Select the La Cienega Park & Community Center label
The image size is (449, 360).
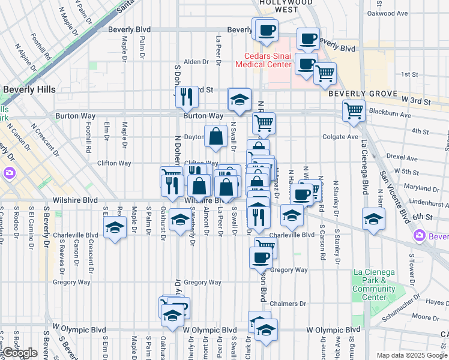pos(374,284)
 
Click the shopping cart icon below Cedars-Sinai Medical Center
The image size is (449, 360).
pos(325,73)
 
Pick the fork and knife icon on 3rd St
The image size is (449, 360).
pos(187,95)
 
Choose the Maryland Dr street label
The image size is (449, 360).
pos(418,188)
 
